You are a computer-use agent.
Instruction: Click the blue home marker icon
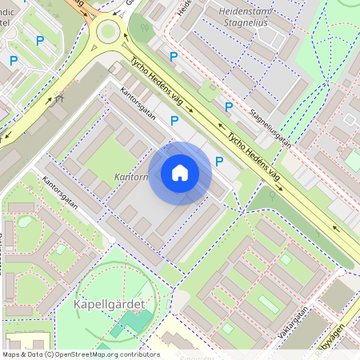tap(180, 173)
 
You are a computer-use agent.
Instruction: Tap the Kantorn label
tap(131, 175)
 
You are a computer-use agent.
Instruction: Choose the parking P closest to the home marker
tap(219, 161)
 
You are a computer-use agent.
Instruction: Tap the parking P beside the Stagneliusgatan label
tap(228, 106)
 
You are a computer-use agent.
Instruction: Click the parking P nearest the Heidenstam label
tap(174, 57)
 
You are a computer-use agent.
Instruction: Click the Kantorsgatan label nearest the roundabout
tap(137, 107)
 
